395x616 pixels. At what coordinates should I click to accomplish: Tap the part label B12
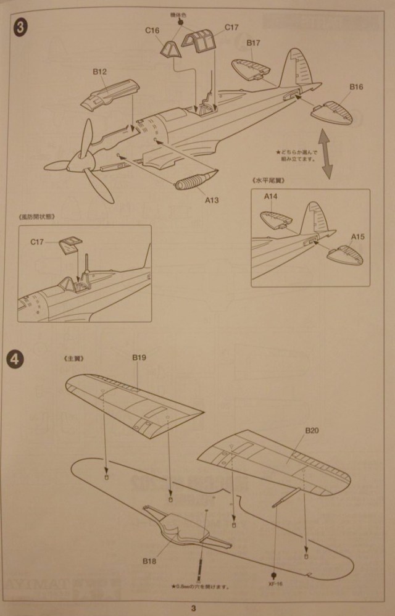(x=100, y=72)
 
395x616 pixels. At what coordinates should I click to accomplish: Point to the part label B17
(x=254, y=43)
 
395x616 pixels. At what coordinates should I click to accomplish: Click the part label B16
(x=356, y=87)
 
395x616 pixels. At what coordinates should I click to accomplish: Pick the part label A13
(x=212, y=199)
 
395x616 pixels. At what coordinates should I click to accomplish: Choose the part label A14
(x=272, y=197)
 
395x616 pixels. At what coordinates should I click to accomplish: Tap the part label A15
(x=359, y=236)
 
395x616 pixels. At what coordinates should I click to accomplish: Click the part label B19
(x=138, y=357)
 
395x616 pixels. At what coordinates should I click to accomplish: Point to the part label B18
(x=149, y=560)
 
